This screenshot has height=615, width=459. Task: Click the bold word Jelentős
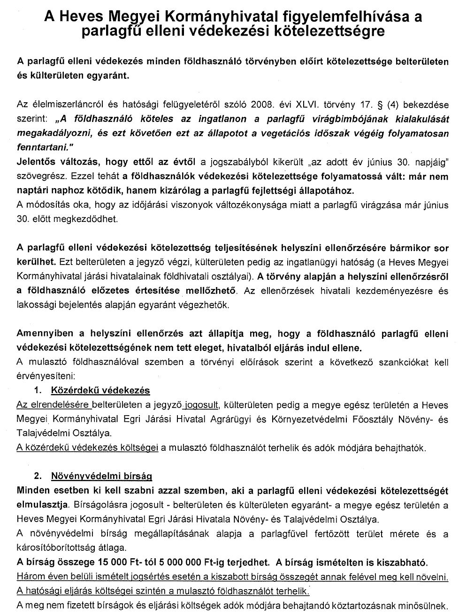(35, 162)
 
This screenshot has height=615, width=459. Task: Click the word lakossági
(35, 305)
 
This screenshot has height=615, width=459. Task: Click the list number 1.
(38, 390)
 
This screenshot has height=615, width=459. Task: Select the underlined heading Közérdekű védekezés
(100, 390)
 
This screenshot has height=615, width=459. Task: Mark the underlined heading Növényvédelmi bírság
(101, 476)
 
